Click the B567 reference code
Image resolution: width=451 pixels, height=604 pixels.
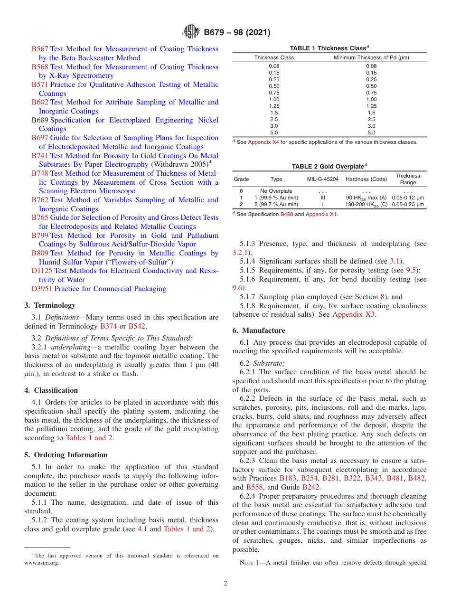click(x=40, y=49)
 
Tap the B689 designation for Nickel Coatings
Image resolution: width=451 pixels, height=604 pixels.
click(x=40, y=120)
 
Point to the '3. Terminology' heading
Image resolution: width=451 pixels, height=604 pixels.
click(x=50, y=305)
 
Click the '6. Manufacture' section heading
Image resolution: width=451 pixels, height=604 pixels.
click(x=259, y=330)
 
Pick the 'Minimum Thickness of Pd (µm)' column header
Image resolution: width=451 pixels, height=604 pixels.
click(x=371, y=57)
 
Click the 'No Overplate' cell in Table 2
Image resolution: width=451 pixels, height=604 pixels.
click(x=276, y=191)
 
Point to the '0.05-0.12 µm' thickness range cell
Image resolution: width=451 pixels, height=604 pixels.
click(x=408, y=198)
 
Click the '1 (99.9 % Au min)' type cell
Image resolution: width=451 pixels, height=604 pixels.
click(x=276, y=198)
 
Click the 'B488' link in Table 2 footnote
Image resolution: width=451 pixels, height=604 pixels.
click(x=286, y=214)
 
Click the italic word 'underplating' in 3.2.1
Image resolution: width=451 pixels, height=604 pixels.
click(x=70, y=347)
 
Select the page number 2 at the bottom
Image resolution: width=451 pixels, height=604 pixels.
click(x=225, y=584)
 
